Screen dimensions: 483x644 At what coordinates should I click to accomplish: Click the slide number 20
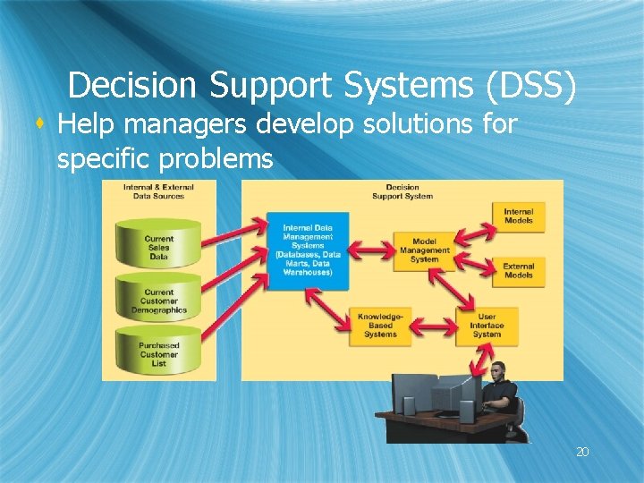pos(582,453)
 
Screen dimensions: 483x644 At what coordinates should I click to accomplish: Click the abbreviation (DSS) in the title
pos(531,86)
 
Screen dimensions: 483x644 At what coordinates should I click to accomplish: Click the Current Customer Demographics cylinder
pos(158,301)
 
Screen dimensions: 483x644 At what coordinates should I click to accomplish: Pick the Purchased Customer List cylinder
pos(158,353)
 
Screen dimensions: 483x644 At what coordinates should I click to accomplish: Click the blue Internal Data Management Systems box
pos(307,250)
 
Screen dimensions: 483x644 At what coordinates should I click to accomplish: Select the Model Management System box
pos(425,250)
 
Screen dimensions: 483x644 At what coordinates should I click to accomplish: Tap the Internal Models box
pos(518,216)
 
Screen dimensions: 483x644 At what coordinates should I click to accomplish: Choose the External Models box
pos(518,270)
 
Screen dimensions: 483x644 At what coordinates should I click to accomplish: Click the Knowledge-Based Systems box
pos(380,325)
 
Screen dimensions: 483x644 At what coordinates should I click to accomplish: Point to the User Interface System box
pos(487,325)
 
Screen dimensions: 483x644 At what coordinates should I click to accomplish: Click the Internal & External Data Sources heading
pos(158,191)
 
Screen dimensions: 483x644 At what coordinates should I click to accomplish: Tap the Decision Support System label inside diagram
pos(402,191)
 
